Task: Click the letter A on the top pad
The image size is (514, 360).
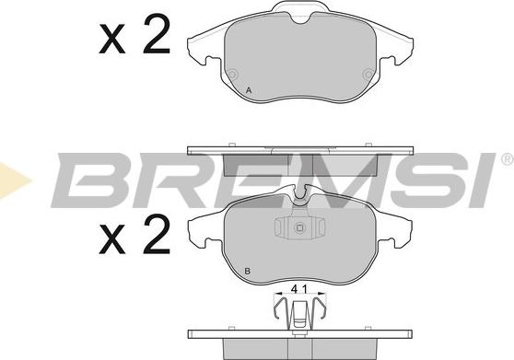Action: point(249,90)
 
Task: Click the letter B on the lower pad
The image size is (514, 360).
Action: point(248,272)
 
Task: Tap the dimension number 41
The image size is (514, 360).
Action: point(299,289)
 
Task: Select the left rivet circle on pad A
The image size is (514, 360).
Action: point(232,75)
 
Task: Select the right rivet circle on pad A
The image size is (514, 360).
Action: point(368,75)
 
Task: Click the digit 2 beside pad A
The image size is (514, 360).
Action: point(157,34)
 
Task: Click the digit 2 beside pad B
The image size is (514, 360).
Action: point(157,234)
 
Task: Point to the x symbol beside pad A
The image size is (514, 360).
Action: point(112,39)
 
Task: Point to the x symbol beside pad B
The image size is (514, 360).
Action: point(112,239)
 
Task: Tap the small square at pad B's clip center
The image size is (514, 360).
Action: point(299,227)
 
